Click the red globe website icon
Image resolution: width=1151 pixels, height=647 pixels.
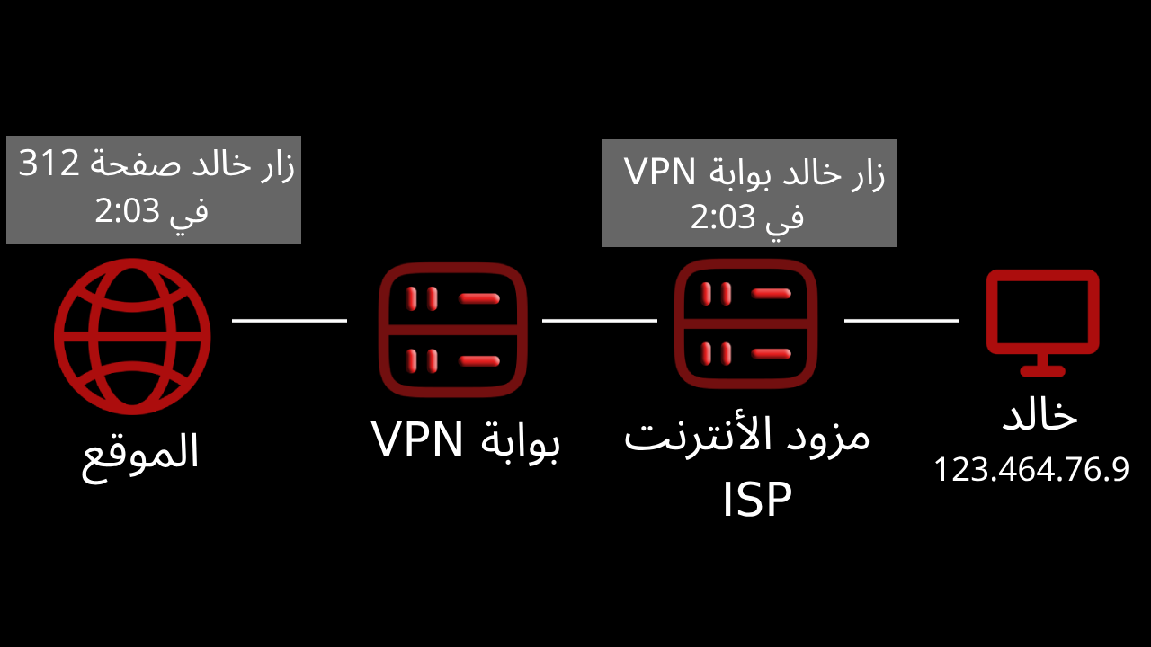tap(131, 336)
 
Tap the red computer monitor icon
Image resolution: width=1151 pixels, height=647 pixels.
tap(1042, 315)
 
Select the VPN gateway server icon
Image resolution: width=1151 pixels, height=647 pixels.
tap(452, 330)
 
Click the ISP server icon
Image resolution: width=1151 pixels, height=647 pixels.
tap(747, 324)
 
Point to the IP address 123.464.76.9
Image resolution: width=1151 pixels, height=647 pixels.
tap(1031, 470)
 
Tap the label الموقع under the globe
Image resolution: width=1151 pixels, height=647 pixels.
tap(140, 453)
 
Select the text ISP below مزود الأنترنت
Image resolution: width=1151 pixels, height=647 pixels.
tap(756, 501)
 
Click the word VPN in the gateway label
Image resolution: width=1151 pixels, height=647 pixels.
tap(418, 439)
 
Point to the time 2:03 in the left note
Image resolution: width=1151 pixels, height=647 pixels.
tap(128, 212)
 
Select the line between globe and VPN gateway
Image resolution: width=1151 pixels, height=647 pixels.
tap(290, 320)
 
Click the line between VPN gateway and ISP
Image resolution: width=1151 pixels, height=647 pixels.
tap(600, 320)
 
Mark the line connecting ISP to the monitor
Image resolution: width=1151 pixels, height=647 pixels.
tap(902, 320)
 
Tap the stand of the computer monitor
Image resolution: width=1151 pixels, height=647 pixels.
tap(1042, 365)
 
